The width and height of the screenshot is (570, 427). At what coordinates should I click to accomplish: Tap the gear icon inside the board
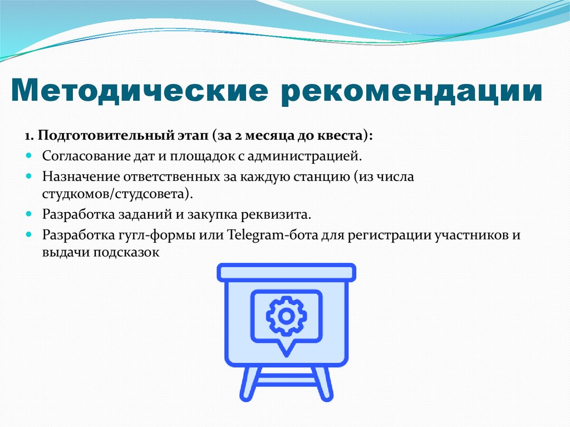(286, 316)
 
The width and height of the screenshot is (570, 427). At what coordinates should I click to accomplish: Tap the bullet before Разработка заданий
(30, 214)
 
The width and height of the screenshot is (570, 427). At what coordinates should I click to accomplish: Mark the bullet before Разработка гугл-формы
(30, 234)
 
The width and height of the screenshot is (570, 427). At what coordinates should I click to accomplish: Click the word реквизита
(281, 214)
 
